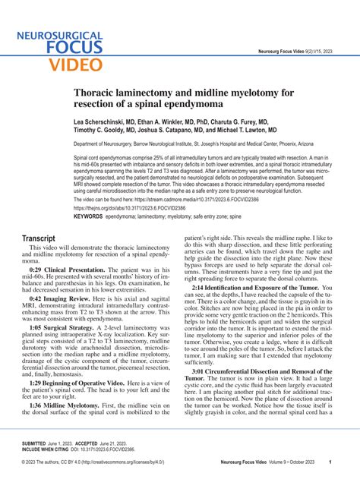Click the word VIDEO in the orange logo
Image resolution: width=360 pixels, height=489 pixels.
point(74,63)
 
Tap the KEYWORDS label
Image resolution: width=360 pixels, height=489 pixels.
point(88,216)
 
